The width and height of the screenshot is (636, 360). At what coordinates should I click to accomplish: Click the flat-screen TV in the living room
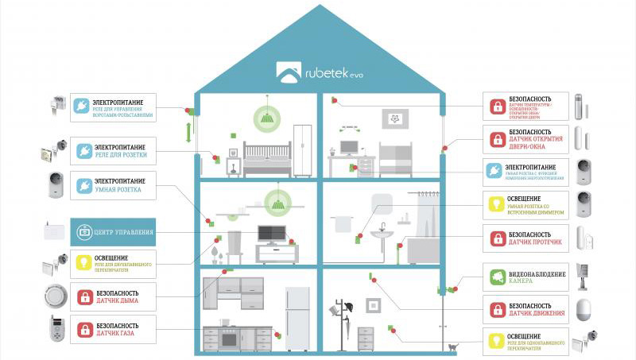click(272, 234)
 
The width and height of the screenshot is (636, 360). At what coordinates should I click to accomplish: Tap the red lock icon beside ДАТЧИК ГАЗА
click(83, 327)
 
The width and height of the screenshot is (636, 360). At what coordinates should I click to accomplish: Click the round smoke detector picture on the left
click(53, 296)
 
